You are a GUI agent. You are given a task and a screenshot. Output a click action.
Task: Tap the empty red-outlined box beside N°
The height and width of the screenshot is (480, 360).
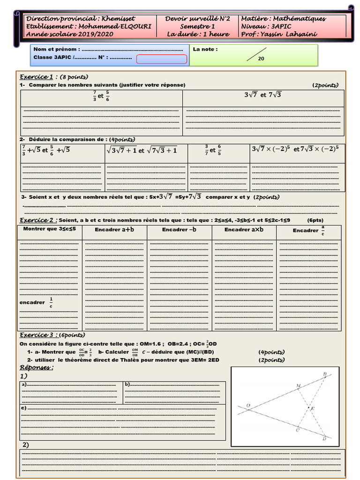(162, 59)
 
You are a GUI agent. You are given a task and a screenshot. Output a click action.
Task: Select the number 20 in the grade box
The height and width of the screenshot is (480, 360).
(261, 59)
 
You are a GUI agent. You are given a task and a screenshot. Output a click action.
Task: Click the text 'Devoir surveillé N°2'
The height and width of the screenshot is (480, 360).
(198, 19)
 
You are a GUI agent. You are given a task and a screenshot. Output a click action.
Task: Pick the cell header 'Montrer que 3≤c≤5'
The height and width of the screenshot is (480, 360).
(50, 229)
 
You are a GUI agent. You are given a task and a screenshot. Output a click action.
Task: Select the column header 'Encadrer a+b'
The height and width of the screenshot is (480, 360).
(114, 230)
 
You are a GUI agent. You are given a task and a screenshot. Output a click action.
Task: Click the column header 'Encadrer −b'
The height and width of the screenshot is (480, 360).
(179, 230)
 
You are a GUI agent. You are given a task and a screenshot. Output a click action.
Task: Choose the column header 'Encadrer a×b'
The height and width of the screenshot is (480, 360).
(244, 230)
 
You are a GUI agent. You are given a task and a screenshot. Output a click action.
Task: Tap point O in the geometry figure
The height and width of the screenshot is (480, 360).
(248, 406)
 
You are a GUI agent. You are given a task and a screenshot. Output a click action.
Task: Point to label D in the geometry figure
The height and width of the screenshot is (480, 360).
(324, 439)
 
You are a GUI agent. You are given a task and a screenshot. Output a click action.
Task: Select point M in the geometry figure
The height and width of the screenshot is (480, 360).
(298, 386)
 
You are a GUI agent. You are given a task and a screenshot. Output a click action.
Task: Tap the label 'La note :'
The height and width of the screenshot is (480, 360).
(205, 49)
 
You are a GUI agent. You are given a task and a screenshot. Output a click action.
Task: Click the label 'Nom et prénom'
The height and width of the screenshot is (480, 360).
(56, 49)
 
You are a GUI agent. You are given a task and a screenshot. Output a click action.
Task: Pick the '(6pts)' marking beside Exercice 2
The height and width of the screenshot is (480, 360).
(315, 220)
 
